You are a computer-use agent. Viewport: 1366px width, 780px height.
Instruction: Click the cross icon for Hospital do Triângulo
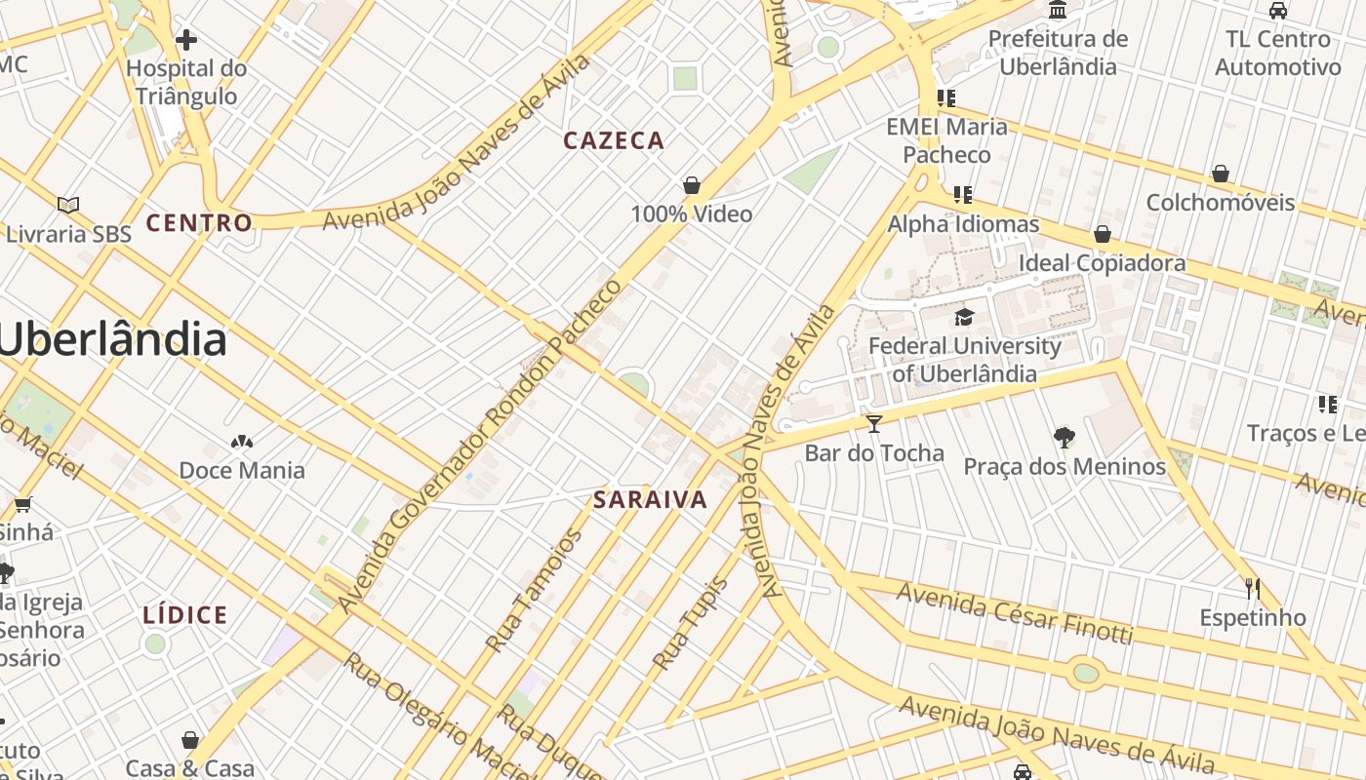(185, 40)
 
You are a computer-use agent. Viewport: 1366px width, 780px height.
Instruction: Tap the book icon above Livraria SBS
(67, 205)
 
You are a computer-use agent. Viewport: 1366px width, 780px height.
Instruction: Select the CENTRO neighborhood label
(199, 223)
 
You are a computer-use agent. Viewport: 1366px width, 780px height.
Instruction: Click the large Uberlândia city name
(112, 339)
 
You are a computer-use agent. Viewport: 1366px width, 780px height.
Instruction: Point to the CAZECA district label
(614, 141)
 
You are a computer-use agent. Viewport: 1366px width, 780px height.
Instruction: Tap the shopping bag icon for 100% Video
(692, 185)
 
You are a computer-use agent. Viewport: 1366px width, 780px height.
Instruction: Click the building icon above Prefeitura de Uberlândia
(1057, 11)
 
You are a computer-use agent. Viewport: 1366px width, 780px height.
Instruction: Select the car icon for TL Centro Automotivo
(1277, 11)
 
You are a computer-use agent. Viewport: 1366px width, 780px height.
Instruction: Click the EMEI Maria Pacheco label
(946, 140)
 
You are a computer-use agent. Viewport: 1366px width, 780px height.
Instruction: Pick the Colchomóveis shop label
(1220, 203)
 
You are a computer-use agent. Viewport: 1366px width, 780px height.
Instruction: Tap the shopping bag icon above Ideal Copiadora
(1102, 234)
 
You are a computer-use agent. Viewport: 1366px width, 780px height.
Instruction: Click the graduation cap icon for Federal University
(964, 317)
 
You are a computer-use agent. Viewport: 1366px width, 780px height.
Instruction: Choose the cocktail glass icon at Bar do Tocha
(873, 423)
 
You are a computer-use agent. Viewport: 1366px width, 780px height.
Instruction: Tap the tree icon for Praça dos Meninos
(1064, 438)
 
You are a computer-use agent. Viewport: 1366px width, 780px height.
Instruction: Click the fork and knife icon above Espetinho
(1253, 589)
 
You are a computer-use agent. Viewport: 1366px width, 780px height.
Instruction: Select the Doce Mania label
(242, 471)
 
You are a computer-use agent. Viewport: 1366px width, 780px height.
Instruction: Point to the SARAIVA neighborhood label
(650, 501)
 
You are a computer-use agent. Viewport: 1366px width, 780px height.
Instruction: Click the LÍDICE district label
(185, 615)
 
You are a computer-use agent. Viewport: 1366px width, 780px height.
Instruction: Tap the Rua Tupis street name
(690, 624)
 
